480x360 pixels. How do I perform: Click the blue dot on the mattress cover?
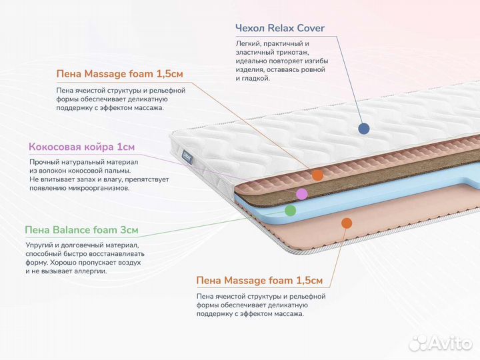(363, 129)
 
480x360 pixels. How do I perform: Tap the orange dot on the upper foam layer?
(318, 175)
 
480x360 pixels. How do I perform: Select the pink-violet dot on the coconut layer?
(301, 194)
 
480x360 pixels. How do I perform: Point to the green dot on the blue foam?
(290, 210)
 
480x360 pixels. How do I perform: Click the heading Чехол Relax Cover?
(280, 28)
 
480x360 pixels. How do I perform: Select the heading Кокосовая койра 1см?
(81, 147)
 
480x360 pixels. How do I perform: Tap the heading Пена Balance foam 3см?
(81, 230)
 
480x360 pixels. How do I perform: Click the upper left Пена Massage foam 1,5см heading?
(119, 73)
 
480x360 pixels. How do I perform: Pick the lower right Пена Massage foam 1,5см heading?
(259, 281)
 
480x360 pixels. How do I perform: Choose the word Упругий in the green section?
(40, 245)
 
